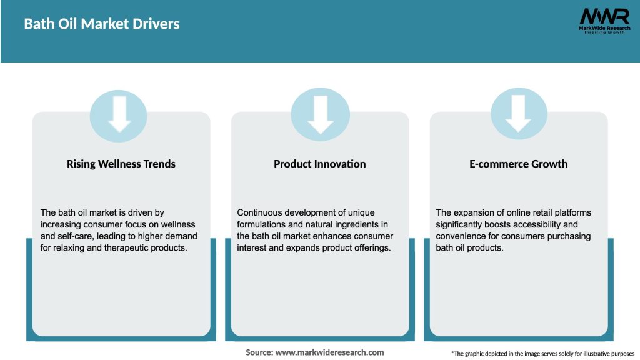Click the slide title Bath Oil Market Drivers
click(x=102, y=24)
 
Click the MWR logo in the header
click(x=604, y=21)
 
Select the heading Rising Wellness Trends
click(x=121, y=164)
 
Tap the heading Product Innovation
click(x=319, y=164)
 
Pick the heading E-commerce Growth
click(x=518, y=164)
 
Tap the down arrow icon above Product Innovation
click(x=321, y=114)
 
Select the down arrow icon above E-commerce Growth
click(x=518, y=114)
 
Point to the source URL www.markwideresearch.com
click(x=329, y=352)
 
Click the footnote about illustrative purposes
click(x=543, y=354)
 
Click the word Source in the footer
click(x=259, y=352)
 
